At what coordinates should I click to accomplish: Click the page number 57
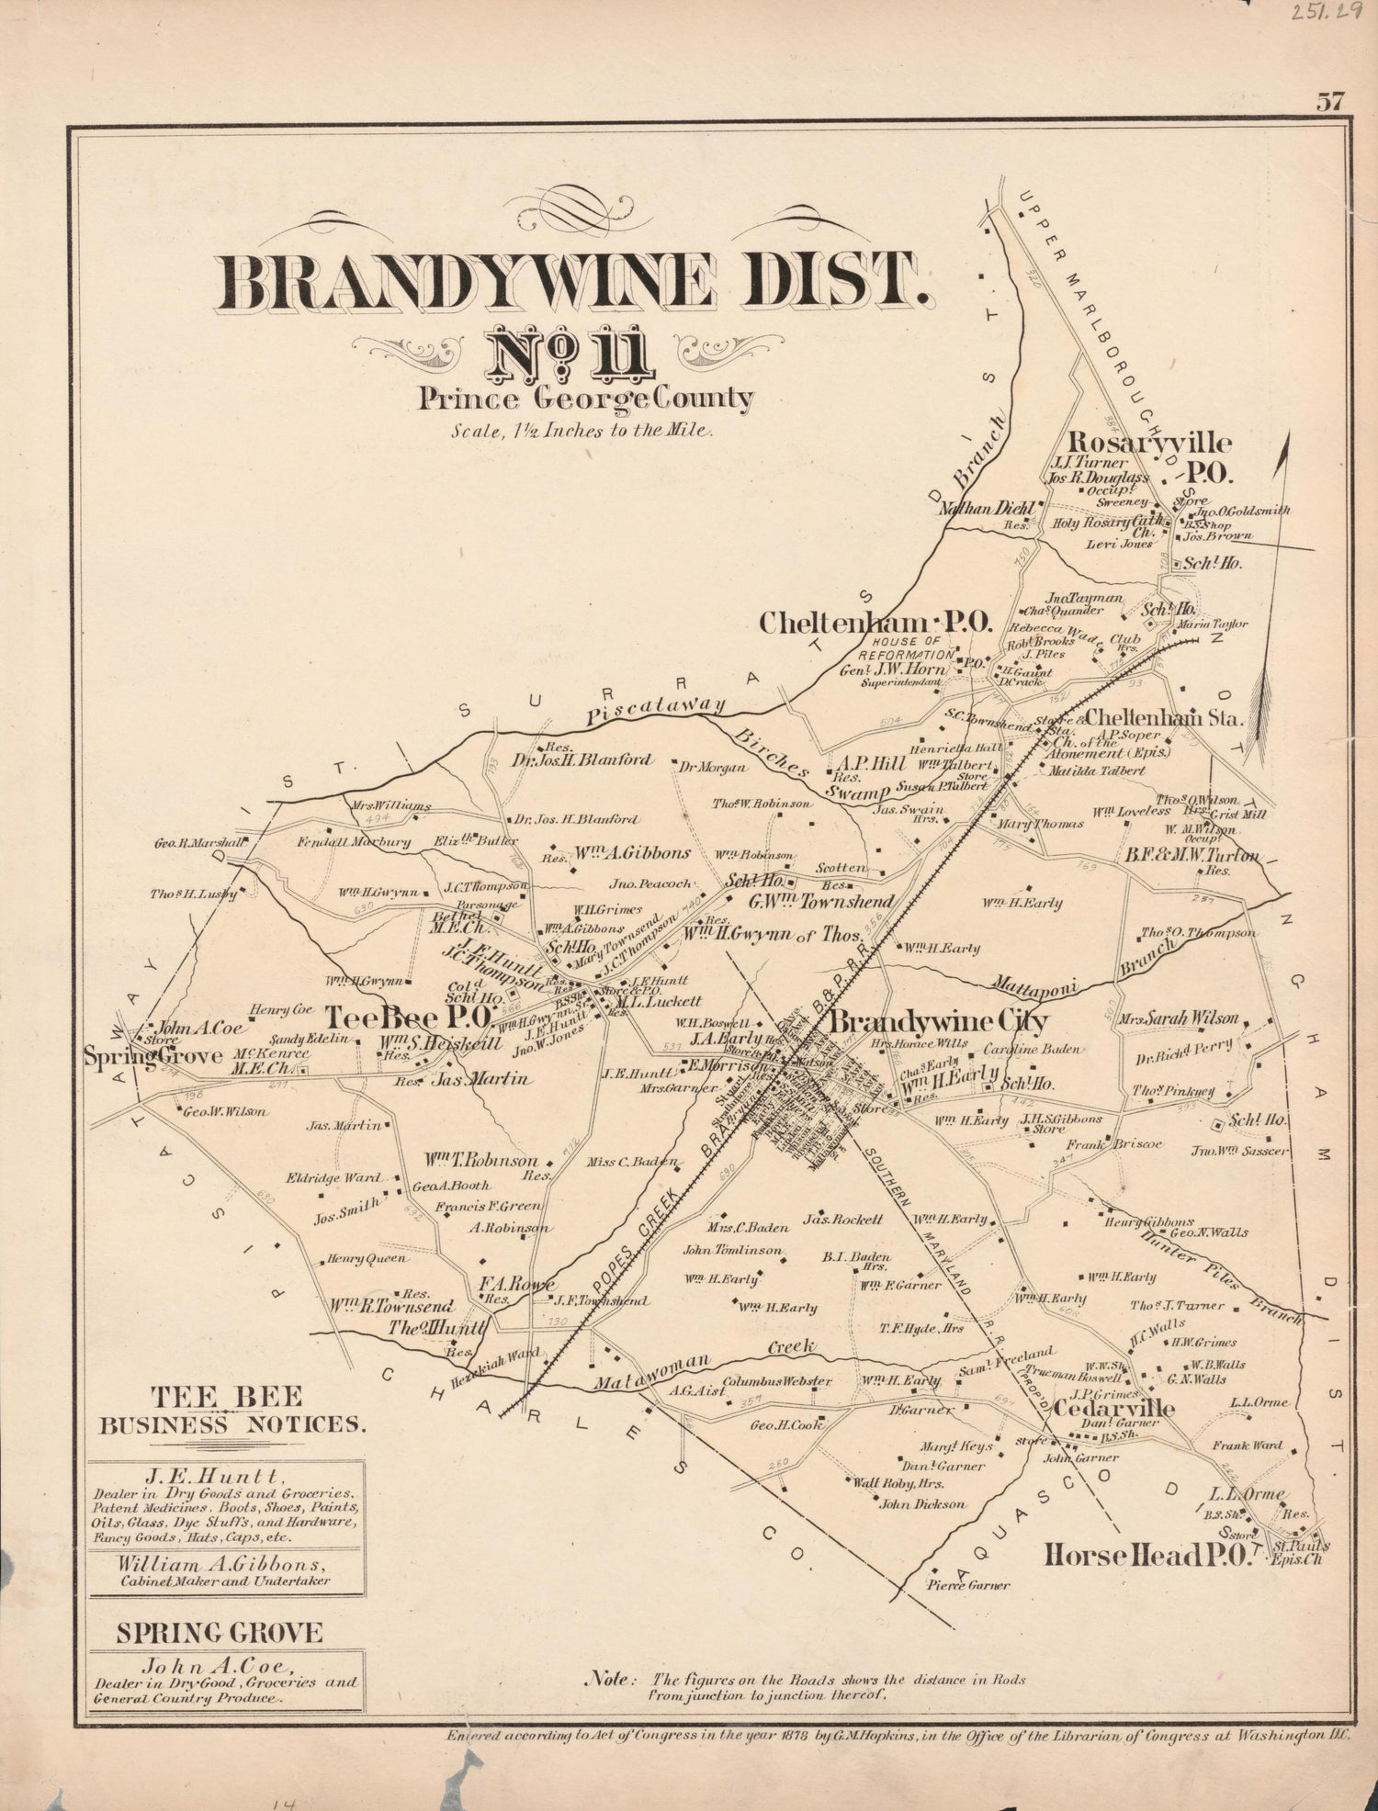coord(1329,101)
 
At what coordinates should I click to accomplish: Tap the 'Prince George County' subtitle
coord(585,399)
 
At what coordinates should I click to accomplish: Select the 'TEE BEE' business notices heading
coord(226,1397)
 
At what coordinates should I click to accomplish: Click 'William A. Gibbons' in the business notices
coord(225,1563)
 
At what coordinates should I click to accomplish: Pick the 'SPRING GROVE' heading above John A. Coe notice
coord(219,1633)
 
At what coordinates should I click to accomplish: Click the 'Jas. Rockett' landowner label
coord(842,1219)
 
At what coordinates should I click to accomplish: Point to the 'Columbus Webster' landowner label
coord(777,1381)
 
